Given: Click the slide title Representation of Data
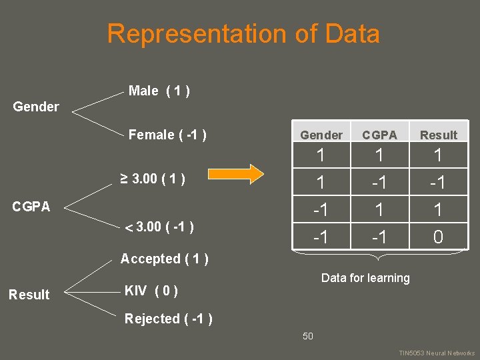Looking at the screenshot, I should pyautogui.click(x=243, y=34).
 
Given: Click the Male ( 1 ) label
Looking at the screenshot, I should pyautogui.click(x=159, y=91).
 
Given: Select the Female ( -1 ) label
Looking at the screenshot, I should pyautogui.click(x=167, y=135).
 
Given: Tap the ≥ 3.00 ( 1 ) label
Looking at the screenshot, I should pyautogui.click(x=152, y=179).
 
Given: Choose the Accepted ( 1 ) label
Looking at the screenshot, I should pyautogui.click(x=164, y=259).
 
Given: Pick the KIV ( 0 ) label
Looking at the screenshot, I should pyautogui.click(x=151, y=291).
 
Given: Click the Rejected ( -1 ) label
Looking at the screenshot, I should pyautogui.click(x=169, y=319).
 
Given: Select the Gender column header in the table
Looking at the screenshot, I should pyautogui.click(x=321, y=135).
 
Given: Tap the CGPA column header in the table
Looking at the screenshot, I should pyautogui.click(x=379, y=135).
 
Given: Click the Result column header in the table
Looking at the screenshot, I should pyautogui.click(x=438, y=135).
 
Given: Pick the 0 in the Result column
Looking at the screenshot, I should pyautogui.click(x=438, y=237).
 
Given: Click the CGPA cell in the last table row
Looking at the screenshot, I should pyautogui.click(x=379, y=237).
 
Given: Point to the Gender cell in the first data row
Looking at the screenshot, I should pyautogui.click(x=321, y=157).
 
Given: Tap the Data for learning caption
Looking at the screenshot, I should pyautogui.click(x=365, y=278).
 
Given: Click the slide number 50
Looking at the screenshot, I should pyautogui.click(x=307, y=336).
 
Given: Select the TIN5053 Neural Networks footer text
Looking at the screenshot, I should pyautogui.click(x=437, y=353).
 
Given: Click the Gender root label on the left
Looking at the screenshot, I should pyautogui.click(x=36, y=107).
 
